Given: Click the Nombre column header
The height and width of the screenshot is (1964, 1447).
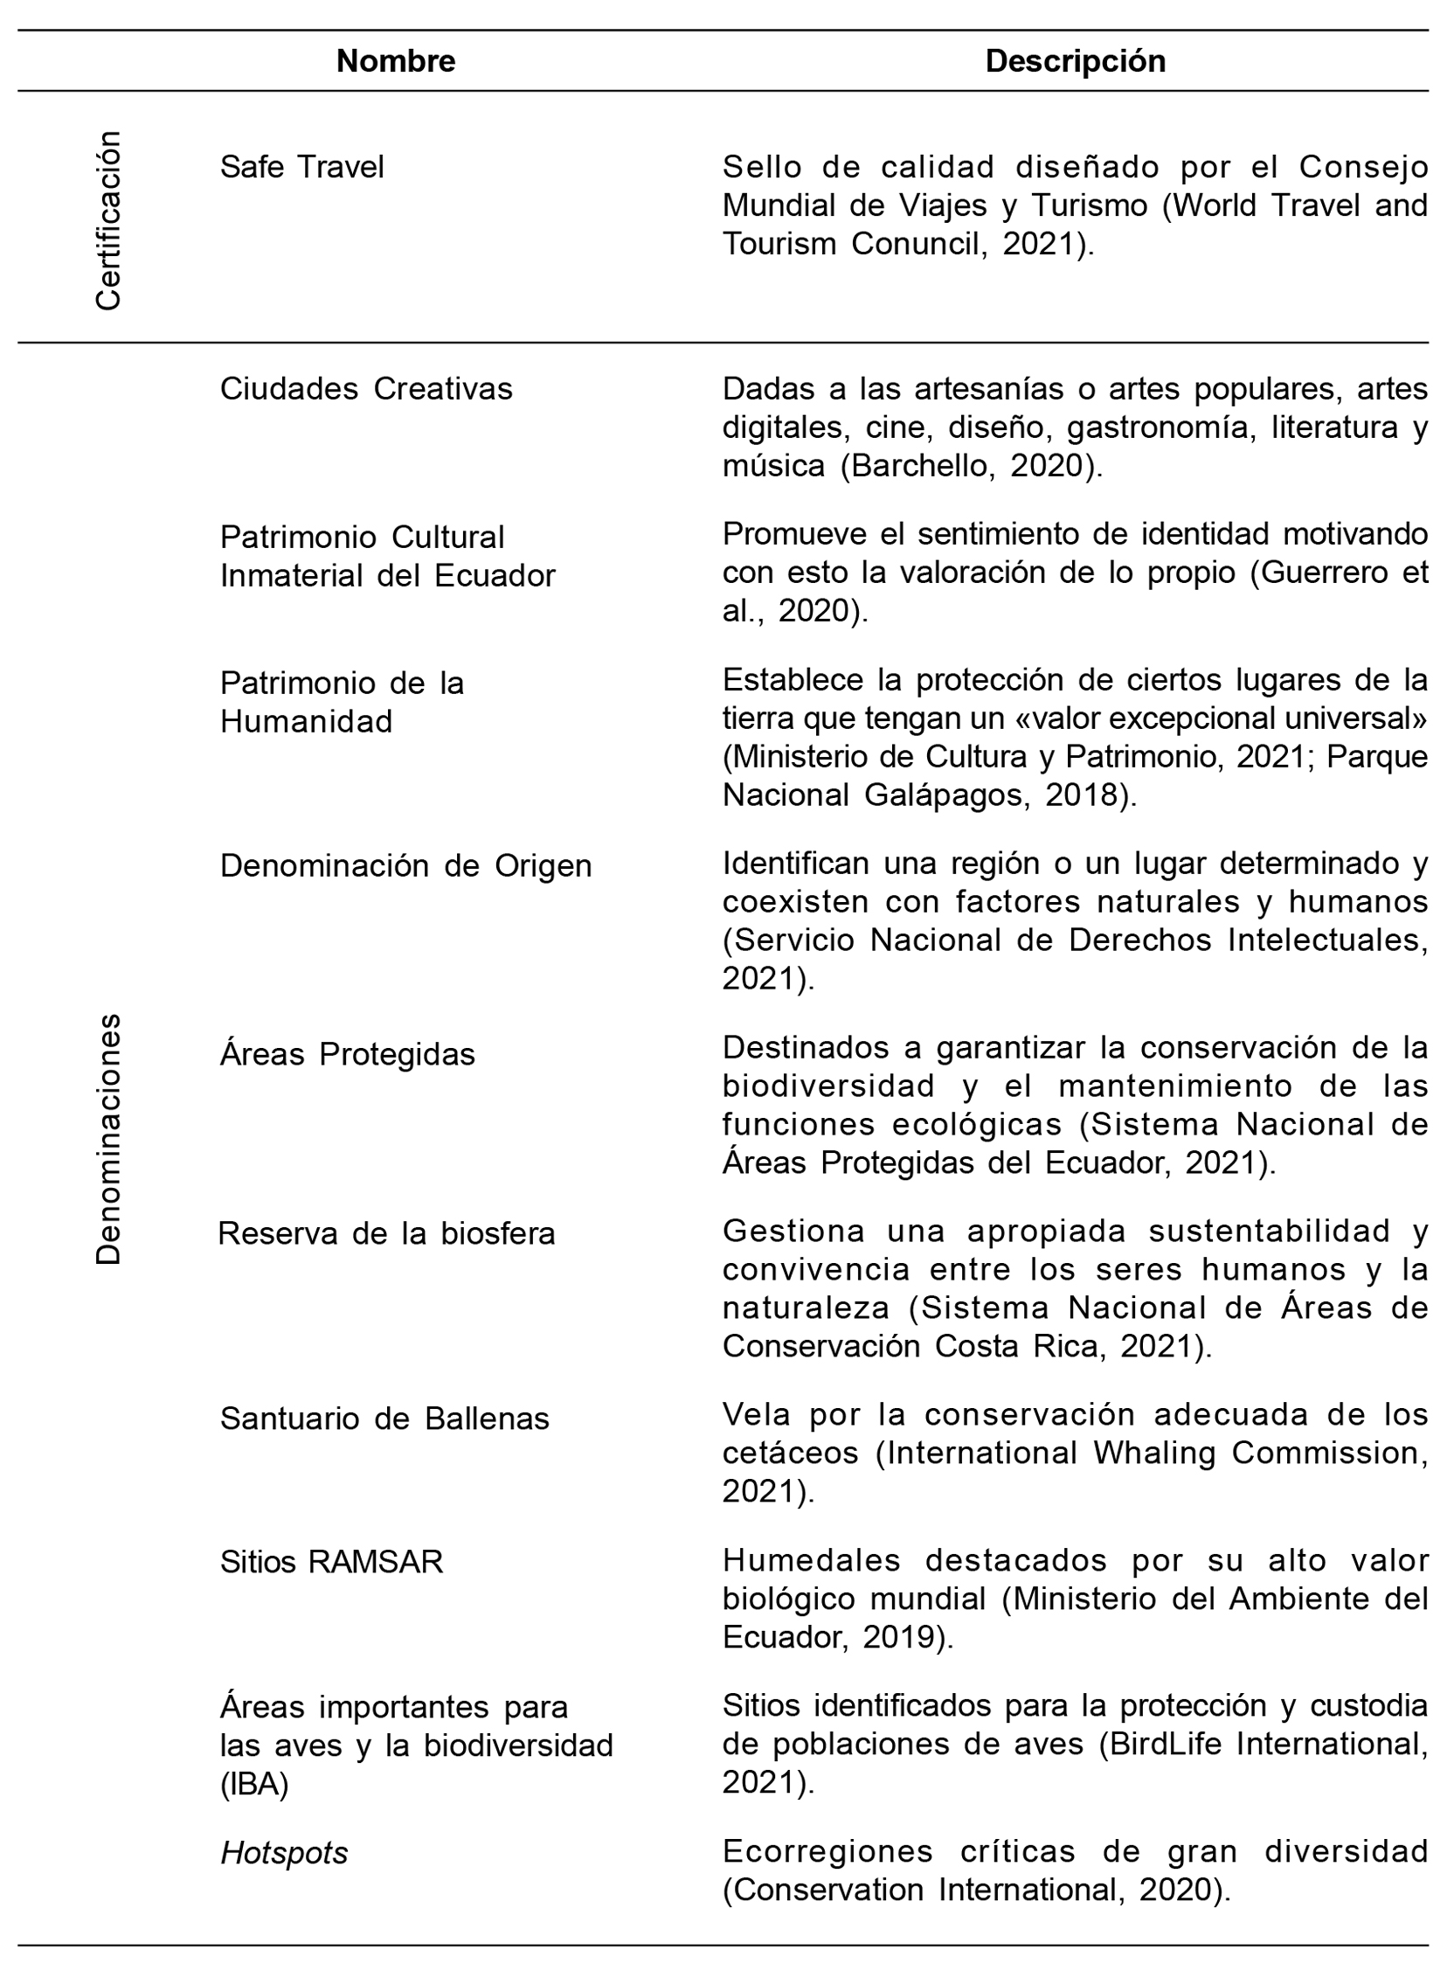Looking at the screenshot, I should pyautogui.click(x=395, y=61).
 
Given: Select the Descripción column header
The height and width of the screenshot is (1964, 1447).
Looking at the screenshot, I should pyautogui.click(x=1075, y=61).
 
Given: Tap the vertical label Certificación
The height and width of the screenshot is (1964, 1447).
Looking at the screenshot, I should pyautogui.click(x=108, y=221).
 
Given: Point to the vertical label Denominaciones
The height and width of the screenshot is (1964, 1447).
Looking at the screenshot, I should pyautogui.click(x=108, y=1139).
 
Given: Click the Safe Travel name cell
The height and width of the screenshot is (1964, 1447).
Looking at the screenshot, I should pyautogui.click(x=301, y=166).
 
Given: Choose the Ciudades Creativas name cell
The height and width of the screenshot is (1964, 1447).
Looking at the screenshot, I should pyautogui.click(x=365, y=388).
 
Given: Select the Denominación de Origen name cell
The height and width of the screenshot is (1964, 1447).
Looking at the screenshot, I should pyautogui.click(x=405, y=865).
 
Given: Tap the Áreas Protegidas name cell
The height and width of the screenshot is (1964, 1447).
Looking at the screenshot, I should pyautogui.click(x=347, y=1054).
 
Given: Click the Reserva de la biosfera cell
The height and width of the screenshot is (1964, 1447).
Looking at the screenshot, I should pyautogui.click(x=386, y=1233).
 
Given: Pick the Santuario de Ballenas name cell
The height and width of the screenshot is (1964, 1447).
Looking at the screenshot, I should pyautogui.click(x=384, y=1419).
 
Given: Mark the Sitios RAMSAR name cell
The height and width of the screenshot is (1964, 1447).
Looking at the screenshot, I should pyautogui.click(x=331, y=1562).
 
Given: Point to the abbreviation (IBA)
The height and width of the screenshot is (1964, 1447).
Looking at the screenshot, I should pyautogui.click(x=254, y=1785).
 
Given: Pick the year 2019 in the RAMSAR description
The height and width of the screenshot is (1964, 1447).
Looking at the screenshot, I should pyautogui.click(x=897, y=1637).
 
